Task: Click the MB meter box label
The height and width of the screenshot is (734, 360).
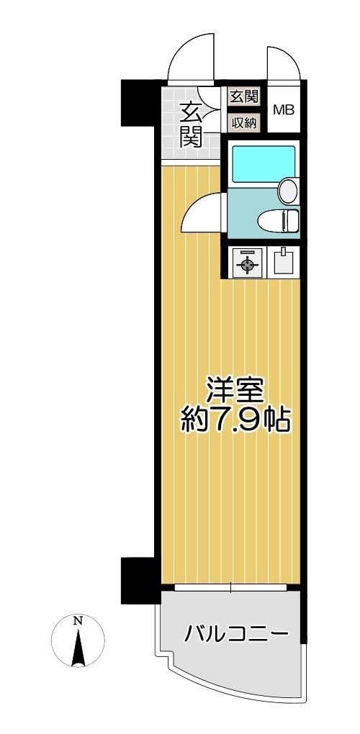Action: [284, 110]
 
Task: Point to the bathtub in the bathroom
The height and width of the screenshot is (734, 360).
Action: [264, 163]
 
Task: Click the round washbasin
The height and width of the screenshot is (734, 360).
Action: [288, 191]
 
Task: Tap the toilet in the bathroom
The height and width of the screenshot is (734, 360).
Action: [279, 221]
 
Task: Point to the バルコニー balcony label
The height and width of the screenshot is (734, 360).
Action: [235, 635]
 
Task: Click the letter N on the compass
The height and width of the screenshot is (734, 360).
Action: [78, 621]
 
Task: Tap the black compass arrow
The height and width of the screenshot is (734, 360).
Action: [78, 648]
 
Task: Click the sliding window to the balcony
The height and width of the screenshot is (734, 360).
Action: [231, 587]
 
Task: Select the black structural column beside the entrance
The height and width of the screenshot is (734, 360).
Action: [138, 102]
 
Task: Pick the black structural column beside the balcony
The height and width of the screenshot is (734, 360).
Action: [138, 581]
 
